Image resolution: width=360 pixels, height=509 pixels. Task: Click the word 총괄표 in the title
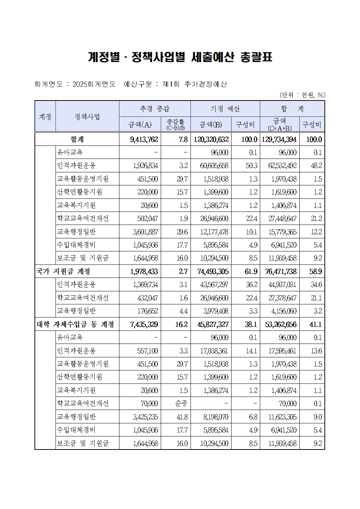click(256, 57)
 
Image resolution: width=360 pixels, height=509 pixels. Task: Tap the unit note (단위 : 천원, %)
click(302, 95)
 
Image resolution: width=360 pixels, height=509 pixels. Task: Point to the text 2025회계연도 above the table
click(94, 84)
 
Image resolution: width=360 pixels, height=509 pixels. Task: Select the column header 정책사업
click(87, 116)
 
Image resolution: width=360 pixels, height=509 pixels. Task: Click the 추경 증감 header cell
click(155, 109)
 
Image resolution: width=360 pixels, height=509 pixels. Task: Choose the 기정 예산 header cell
click(225, 109)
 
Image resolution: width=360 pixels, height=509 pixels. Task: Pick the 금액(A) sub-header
click(140, 125)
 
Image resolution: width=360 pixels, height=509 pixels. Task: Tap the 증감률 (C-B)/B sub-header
click(176, 124)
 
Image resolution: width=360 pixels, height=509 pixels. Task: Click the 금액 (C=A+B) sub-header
click(279, 124)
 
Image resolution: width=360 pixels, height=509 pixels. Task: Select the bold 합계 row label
click(77, 139)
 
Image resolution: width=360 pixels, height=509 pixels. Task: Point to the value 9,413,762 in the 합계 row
click(144, 139)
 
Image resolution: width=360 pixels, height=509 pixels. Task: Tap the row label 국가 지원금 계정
click(63, 271)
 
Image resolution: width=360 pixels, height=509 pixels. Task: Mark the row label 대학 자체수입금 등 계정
click(75, 324)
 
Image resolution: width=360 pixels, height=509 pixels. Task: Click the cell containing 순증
click(181, 403)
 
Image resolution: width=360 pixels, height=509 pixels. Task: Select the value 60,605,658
click(214, 166)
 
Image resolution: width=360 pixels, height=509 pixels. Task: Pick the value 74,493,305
click(213, 271)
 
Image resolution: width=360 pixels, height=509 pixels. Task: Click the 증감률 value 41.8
click(182, 417)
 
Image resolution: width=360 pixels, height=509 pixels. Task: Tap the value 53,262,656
click(281, 324)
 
